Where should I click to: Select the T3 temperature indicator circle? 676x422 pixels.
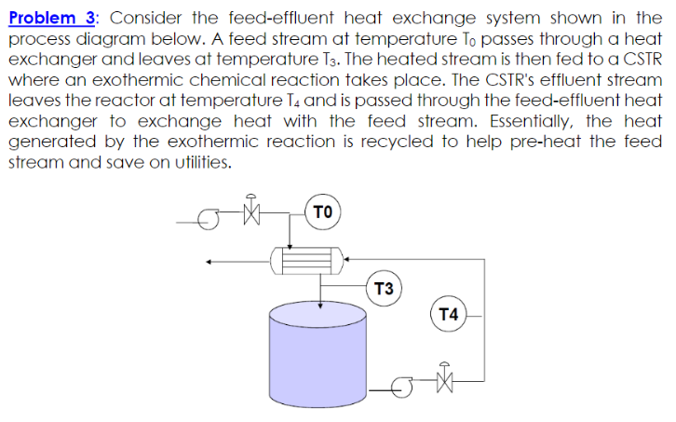coord(383,287)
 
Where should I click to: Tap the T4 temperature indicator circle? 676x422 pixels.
coord(449,314)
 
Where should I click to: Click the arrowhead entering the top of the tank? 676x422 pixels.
coord(320,300)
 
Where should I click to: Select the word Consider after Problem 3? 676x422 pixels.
coord(151,18)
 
